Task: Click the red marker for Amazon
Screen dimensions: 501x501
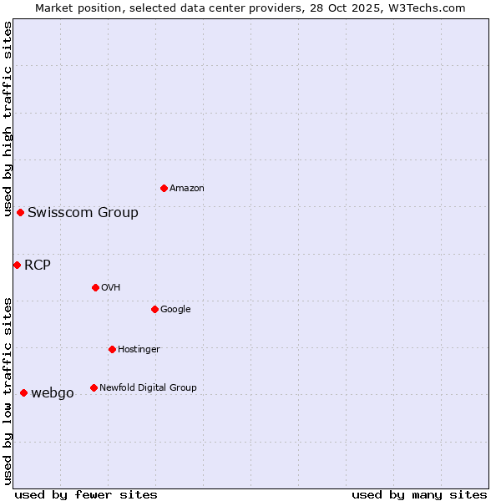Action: click(x=164, y=188)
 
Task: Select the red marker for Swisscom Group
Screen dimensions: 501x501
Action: click(x=20, y=212)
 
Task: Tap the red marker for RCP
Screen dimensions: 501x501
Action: click(x=17, y=265)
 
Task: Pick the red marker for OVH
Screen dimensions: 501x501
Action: click(x=95, y=287)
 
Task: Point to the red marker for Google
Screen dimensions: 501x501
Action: click(x=154, y=309)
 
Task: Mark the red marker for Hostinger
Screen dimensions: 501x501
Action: click(x=112, y=349)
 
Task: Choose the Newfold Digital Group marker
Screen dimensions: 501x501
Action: click(x=94, y=387)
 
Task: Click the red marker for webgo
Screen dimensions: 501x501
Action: click(x=23, y=392)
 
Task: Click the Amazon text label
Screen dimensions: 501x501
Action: click(x=187, y=189)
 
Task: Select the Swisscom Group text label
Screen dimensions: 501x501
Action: click(x=83, y=213)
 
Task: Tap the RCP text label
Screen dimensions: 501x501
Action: click(x=38, y=266)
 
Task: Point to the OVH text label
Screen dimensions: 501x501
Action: click(x=111, y=288)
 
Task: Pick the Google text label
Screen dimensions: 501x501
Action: click(x=175, y=310)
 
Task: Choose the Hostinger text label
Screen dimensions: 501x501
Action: click(x=139, y=350)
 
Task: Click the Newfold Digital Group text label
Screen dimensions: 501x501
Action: click(x=148, y=388)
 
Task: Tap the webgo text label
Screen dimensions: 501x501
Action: click(x=53, y=393)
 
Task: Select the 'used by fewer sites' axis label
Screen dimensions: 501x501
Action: click(x=86, y=494)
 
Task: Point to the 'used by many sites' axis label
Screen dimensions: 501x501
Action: click(x=419, y=494)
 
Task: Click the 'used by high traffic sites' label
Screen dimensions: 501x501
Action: click(x=8, y=119)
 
